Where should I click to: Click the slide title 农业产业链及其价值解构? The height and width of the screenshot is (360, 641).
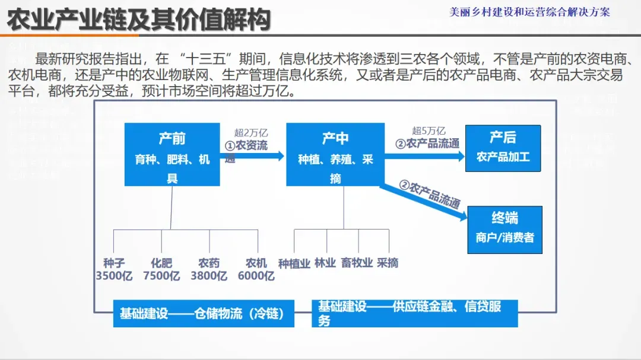[139, 20]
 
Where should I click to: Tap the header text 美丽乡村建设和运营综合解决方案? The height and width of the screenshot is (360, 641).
[529, 12]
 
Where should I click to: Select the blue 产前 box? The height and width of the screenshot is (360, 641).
[172, 154]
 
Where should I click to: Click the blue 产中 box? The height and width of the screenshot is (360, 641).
[335, 154]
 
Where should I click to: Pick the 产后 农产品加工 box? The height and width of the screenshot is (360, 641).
[503, 148]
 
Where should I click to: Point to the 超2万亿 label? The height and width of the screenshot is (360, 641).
[252, 133]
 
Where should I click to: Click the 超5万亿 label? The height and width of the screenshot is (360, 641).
[429, 131]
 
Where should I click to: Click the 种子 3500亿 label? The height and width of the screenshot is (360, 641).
[114, 269]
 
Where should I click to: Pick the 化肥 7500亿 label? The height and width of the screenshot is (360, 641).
[161, 269]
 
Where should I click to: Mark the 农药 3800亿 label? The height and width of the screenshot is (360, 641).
[209, 269]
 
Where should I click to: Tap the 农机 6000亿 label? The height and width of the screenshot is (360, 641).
[256, 269]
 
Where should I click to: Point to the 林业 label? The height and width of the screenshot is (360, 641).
[325, 263]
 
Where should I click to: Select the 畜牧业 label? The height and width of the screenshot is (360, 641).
[357, 263]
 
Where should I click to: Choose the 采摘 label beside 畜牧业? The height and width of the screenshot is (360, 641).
[388, 263]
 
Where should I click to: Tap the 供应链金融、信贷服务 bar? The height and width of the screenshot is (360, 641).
[414, 314]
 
